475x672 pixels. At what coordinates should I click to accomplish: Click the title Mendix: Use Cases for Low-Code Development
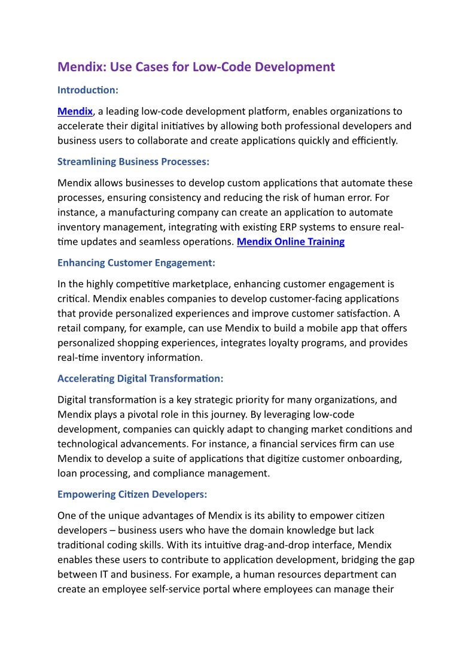coord(196,67)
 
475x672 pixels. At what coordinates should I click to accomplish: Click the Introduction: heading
coord(88,90)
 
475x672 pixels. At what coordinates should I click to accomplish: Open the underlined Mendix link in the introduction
coord(75,111)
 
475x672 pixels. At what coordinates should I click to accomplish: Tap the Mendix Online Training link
coord(291,242)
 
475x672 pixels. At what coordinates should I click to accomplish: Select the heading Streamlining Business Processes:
coord(133,162)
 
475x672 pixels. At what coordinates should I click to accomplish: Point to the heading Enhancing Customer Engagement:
coord(136,263)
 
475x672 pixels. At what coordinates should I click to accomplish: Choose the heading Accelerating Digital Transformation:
coord(140,379)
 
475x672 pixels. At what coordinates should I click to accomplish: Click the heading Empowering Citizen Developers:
coord(132,495)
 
